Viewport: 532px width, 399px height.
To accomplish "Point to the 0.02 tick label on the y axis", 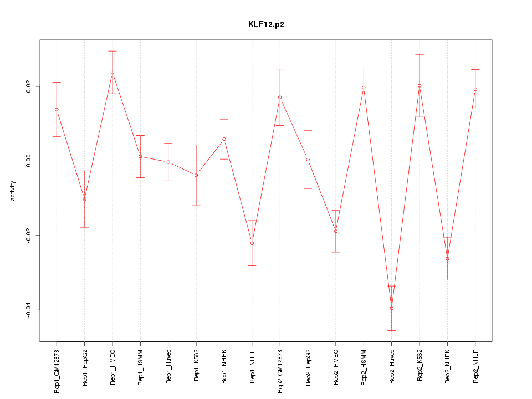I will [29, 86].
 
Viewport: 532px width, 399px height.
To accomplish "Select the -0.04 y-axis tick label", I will [29, 310].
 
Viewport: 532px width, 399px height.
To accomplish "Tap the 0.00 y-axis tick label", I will [29, 161].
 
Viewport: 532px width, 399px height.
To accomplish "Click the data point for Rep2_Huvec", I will [391, 308].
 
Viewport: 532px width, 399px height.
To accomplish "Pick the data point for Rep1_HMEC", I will [112, 72].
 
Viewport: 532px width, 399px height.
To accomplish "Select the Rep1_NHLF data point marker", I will [252, 243].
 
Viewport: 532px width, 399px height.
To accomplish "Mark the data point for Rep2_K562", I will [420, 86].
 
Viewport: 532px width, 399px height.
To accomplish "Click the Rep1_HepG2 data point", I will [84, 199].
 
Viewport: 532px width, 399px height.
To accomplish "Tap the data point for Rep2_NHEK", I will [447, 259].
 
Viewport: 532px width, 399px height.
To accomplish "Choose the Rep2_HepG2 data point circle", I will [308, 160].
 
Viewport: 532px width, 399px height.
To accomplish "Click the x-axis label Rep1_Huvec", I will [168, 366].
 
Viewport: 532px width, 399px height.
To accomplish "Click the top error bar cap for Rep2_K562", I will [420, 54].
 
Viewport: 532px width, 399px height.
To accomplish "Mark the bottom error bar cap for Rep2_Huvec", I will [391, 330].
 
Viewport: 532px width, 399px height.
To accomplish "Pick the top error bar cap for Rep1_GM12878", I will [57, 82].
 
